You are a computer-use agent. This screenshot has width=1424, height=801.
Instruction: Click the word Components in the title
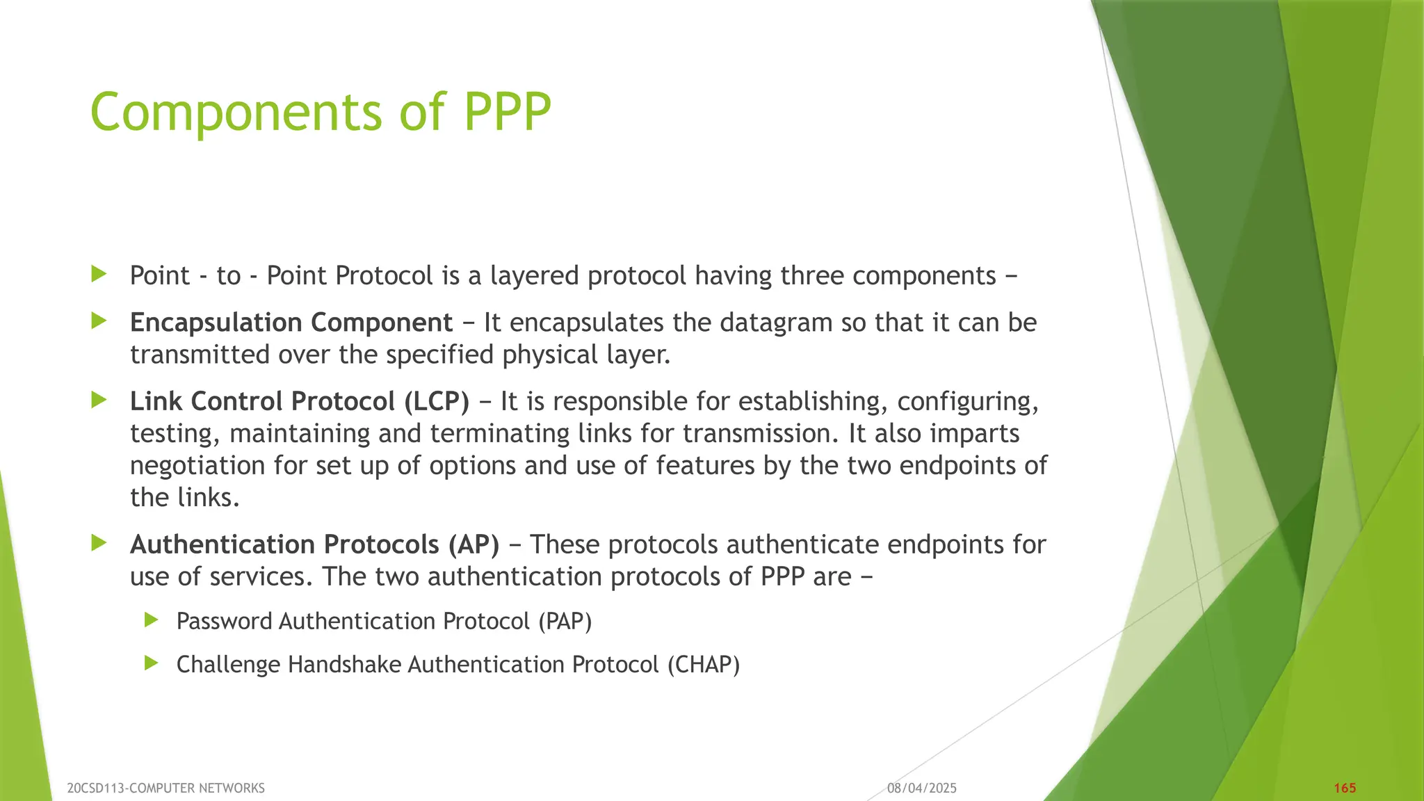pyautogui.click(x=236, y=112)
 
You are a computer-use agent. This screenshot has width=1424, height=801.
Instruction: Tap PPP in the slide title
pyautogui.click(x=507, y=112)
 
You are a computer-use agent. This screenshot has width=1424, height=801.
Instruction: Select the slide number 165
pyautogui.click(x=1345, y=788)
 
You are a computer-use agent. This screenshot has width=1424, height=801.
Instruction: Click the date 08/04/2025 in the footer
pyautogui.click(x=921, y=788)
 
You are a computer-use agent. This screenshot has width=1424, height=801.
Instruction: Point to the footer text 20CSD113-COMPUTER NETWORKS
pyautogui.click(x=165, y=788)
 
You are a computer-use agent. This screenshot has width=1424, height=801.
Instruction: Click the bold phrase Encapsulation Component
pyautogui.click(x=291, y=323)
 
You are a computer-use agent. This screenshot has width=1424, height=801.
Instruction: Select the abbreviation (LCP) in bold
pyautogui.click(x=436, y=401)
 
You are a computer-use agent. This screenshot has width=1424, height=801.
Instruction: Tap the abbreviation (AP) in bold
pyautogui.click(x=473, y=544)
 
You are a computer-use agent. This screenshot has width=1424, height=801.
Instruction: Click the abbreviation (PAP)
pyautogui.click(x=565, y=621)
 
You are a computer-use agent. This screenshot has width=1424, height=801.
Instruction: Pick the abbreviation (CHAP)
pyautogui.click(x=703, y=665)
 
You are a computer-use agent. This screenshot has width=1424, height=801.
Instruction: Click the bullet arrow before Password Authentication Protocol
pyautogui.click(x=152, y=620)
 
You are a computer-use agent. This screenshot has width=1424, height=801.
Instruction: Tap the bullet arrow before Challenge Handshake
pyautogui.click(x=152, y=663)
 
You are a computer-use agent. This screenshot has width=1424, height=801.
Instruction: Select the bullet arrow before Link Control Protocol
pyautogui.click(x=99, y=400)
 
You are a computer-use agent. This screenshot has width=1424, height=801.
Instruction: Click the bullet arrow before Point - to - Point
pyautogui.click(x=99, y=274)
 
